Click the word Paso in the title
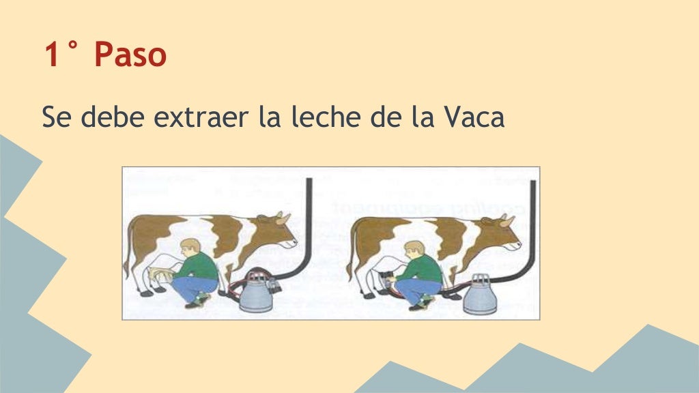pyautogui.click(x=130, y=55)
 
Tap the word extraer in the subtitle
pyautogui.click(x=201, y=117)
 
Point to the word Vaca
pyautogui.click(x=474, y=117)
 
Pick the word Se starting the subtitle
pyautogui.click(x=57, y=117)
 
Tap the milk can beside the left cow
pyautogui.click(x=256, y=293)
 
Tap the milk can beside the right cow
pyautogui.click(x=480, y=295)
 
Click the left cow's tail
pyautogui.click(x=127, y=249)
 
